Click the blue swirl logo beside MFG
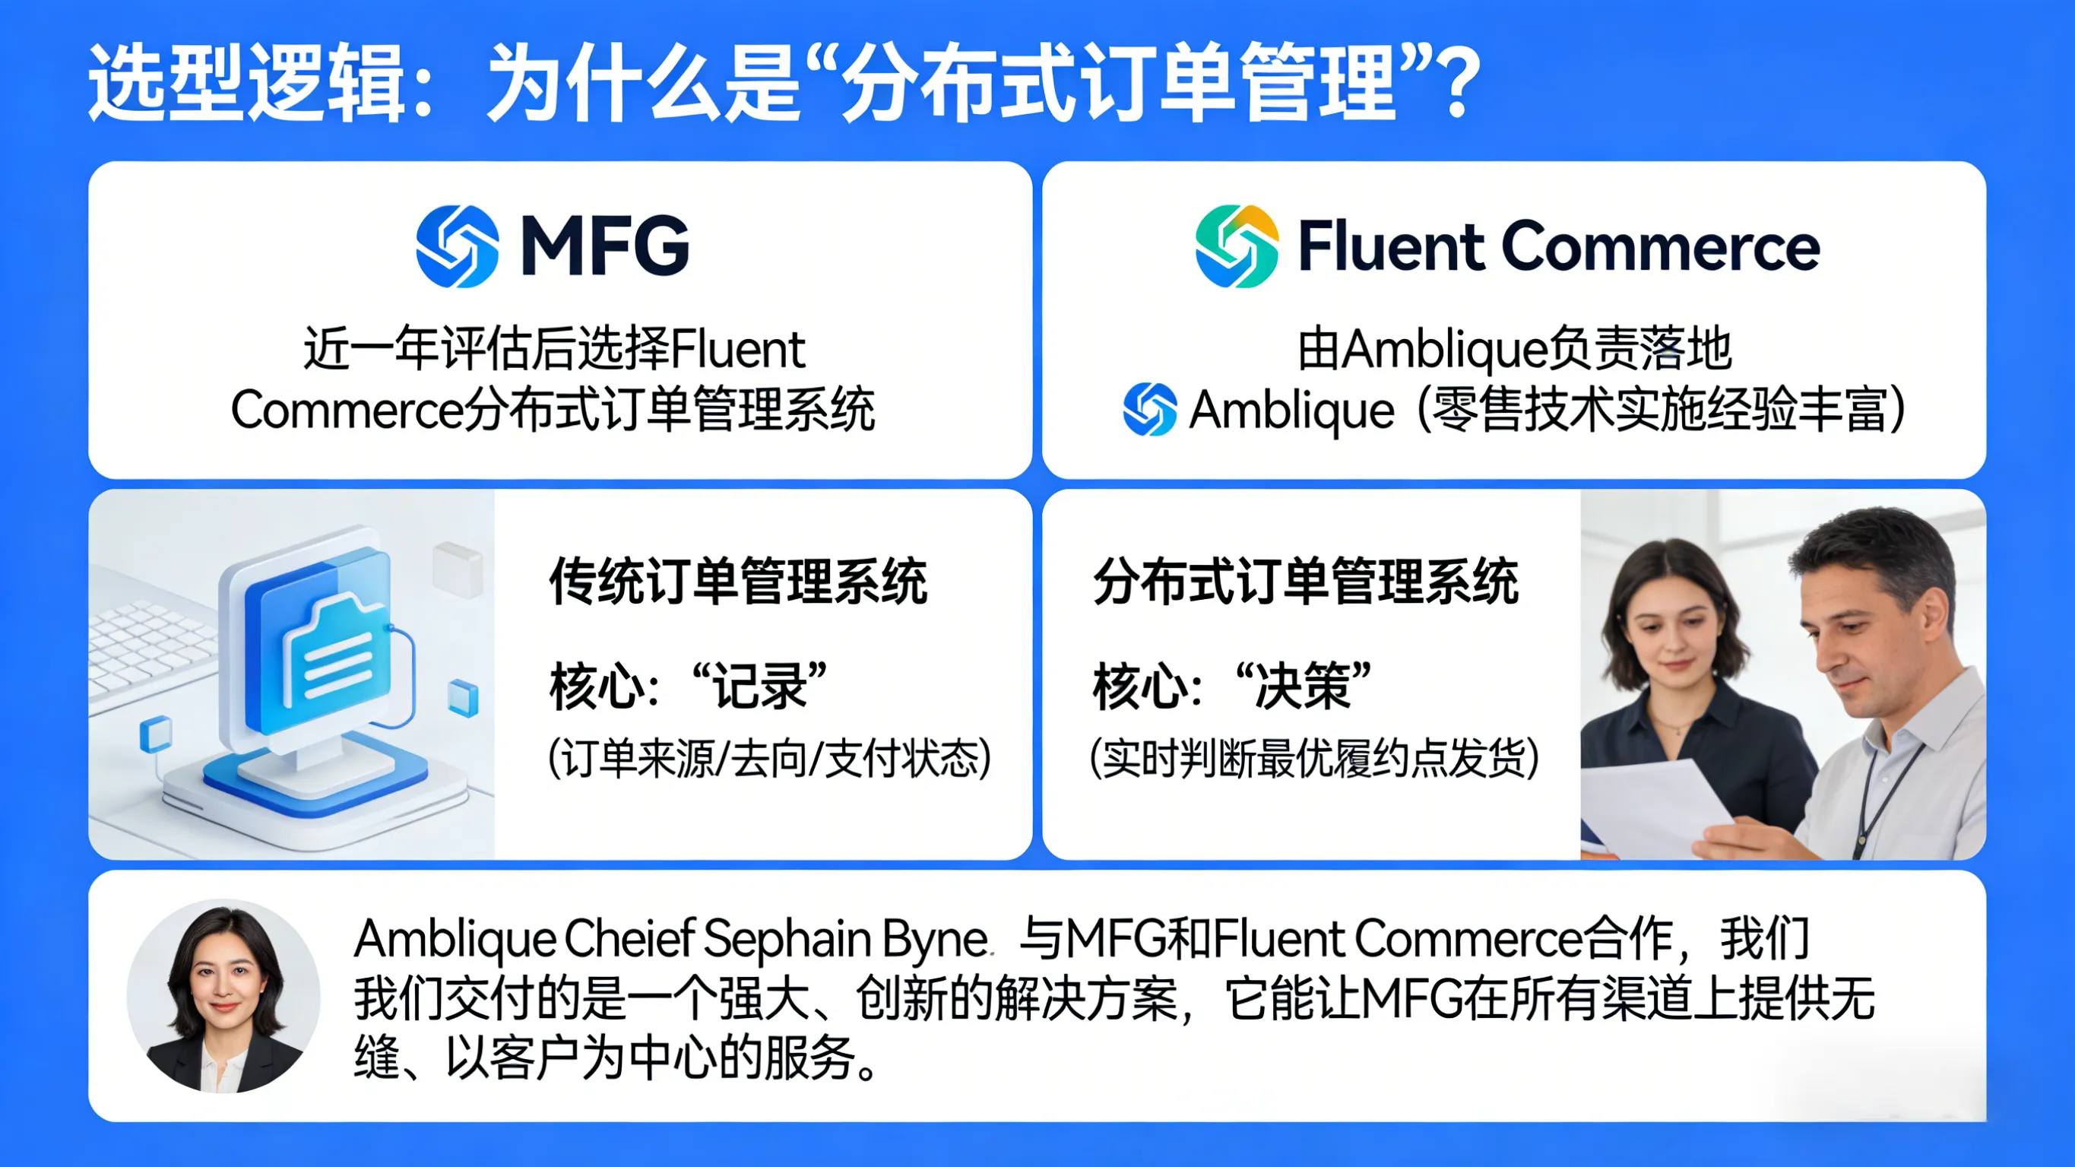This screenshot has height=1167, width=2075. [x=457, y=246]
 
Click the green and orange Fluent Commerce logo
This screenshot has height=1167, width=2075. [x=1237, y=246]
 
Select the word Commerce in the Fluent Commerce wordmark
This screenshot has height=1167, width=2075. [x=1660, y=246]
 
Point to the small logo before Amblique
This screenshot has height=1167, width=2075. [x=1149, y=410]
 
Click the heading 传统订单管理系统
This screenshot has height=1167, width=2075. [x=738, y=581]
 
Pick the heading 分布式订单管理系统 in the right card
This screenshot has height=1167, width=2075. [x=1306, y=581]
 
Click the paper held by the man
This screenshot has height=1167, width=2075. [x=1659, y=806]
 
